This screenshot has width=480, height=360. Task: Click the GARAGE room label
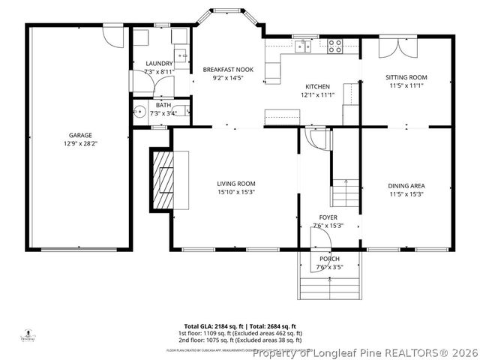(79, 136)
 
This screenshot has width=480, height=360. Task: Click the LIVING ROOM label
(236, 184)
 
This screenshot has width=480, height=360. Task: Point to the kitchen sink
(302, 46)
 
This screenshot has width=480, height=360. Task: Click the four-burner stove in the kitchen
(335, 46)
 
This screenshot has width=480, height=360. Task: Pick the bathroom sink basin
(139, 114)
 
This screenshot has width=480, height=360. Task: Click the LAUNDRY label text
(159, 64)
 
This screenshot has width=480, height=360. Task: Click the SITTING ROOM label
(406, 77)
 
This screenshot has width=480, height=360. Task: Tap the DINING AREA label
(406, 186)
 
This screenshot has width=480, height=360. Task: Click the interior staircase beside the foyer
(346, 193)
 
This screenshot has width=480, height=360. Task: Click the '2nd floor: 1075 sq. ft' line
(239, 339)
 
